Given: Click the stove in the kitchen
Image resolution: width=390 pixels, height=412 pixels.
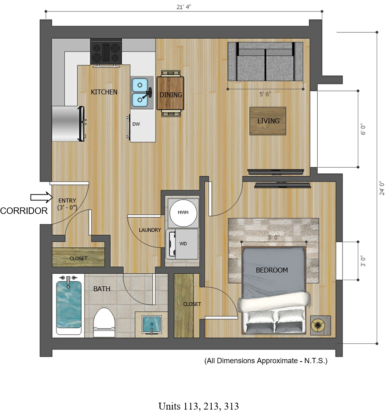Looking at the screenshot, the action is (x=106, y=52).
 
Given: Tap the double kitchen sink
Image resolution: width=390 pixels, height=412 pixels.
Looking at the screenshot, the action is (x=142, y=92).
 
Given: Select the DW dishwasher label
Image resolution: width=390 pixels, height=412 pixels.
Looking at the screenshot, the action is (x=136, y=124).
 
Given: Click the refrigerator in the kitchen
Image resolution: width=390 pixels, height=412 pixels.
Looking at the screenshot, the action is (x=69, y=124).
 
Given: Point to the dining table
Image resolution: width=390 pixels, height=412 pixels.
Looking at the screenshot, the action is (x=170, y=93).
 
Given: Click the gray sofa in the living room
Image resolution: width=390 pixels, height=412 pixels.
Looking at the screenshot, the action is (x=265, y=61).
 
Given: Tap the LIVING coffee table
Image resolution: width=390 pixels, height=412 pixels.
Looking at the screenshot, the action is (x=268, y=121).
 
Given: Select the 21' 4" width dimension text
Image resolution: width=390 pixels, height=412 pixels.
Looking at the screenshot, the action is (x=184, y=7).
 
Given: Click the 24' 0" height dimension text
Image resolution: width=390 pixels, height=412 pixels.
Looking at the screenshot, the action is (x=382, y=188).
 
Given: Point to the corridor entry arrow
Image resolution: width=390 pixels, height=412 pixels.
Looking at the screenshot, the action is (x=41, y=197).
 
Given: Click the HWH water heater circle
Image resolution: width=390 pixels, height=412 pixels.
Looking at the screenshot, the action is (x=183, y=213).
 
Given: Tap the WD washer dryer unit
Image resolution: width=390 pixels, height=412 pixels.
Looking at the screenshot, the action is (x=182, y=244).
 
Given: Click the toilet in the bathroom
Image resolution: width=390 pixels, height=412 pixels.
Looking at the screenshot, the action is (x=104, y=323).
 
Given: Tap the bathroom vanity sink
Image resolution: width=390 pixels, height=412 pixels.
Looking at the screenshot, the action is (x=152, y=325).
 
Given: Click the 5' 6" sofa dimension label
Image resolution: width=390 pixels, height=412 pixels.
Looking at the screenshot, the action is (x=265, y=94).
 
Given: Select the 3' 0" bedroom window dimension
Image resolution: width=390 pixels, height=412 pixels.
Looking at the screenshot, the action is (x=363, y=261).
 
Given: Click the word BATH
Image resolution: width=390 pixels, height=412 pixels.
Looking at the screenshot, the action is (x=102, y=289).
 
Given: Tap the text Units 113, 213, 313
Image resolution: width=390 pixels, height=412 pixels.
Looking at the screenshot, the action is (x=199, y=406).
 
